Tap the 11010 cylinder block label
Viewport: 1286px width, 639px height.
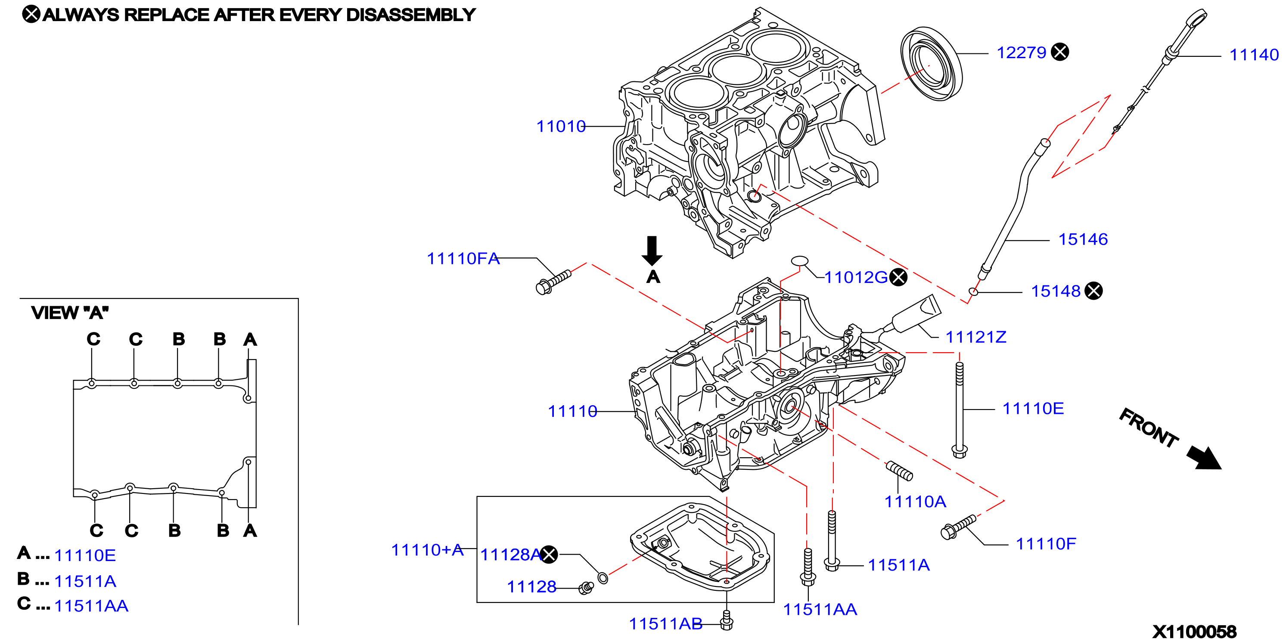click(x=561, y=126)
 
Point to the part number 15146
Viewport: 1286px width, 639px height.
click(x=1083, y=239)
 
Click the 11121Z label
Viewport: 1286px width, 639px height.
click(x=976, y=337)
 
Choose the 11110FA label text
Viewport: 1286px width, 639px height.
click(x=463, y=259)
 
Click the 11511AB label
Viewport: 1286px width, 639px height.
click(x=665, y=623)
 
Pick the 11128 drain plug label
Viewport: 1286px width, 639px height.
click(x=531, y=586)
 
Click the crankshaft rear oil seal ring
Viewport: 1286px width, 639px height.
click(x=932, y=64)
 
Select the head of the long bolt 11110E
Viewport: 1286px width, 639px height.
click(x=960, y=451)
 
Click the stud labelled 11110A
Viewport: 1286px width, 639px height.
click(x=899, y=471)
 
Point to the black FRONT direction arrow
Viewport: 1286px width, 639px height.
click(x=1204, y=458)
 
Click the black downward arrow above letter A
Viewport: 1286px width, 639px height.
click(x=652, y=251)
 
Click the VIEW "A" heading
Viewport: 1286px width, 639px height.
click(x=70, y=313)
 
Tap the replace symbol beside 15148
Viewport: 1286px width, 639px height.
click(x=1093, y=291)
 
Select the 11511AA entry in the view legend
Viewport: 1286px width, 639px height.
click(x=91, y=605)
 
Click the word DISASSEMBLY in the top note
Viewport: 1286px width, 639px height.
click(x=410, y=15)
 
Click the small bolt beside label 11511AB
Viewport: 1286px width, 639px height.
click(x=727, y=620)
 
